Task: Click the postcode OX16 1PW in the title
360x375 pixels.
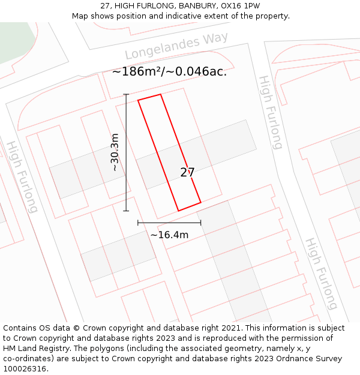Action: coord(241,6)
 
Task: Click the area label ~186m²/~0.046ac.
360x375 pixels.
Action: coord(169,71)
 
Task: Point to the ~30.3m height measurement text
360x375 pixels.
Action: coord(114,152)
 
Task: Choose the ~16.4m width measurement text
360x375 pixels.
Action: coord(169,235)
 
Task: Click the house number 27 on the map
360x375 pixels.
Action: coord(187,173)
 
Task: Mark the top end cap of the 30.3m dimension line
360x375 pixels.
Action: coord(126,94)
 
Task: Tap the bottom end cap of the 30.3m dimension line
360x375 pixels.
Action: coord(126,211)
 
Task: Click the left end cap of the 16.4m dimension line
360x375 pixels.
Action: coord(138,223)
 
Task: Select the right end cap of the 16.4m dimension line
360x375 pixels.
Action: coord(201,223)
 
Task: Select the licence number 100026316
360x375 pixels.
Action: coord(25,369)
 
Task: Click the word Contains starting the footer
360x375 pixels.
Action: coord(21,328)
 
